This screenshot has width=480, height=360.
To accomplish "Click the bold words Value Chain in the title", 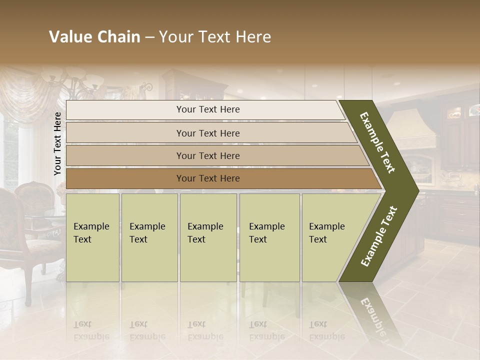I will pyautogui.click(x=94, y=37).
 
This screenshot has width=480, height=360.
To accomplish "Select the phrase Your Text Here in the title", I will pyautogui.click(x=215, y=37).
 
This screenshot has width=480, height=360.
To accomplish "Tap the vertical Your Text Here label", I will pyautogui.click(x=57, y=143).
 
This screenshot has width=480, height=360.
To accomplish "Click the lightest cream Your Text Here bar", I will pyautogui.click(x=207, y=110).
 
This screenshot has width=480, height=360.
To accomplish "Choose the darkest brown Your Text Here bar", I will pyautogui.click(x=207, y=178).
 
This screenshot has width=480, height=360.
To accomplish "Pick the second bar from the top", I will pyautogui.click(x=207, y=133).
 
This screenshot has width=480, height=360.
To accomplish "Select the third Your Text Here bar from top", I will pyautogui.click(x=207, y=155).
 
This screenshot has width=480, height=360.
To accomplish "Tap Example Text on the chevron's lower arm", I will pyautogui.click(x=379, y=236).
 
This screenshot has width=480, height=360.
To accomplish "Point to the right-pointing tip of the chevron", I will pyautogui.click(x=416, y=190).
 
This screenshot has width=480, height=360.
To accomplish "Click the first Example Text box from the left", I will pyautogui.click(x=92, y=237).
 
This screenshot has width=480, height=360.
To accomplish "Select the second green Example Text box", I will pyautogui.click(x=149, y=237).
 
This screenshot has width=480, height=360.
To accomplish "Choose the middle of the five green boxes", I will pyautogui.click(x=208, y=237).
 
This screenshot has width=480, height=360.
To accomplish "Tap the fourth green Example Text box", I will pyautogui.click(x=269, y=237).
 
